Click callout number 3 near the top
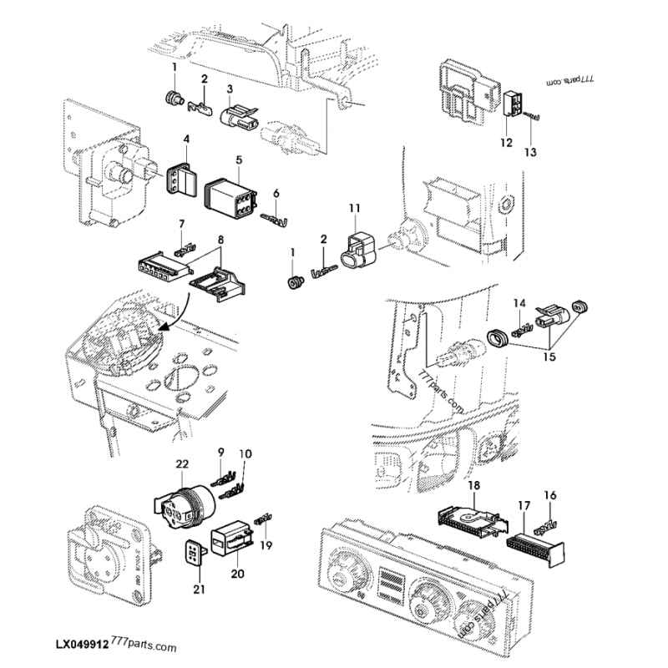pos(230,89)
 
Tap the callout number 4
pos(185,139)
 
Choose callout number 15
pos(549,357)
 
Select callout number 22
pos(183,464)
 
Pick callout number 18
pos(473,484)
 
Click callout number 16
pos(549,495)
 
